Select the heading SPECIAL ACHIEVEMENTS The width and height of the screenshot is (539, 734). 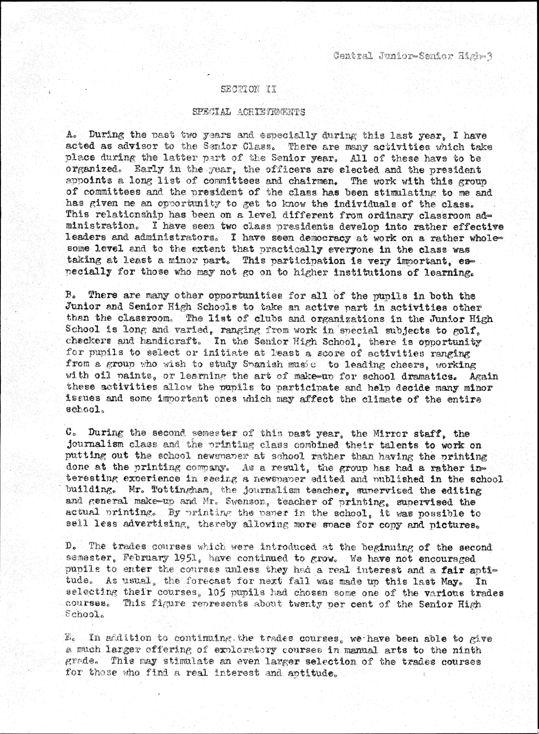pos(249,112)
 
